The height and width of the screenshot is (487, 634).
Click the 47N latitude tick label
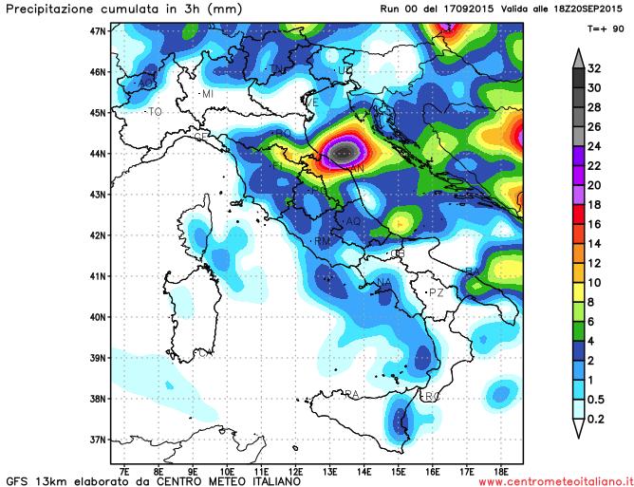click(x=96, y=30)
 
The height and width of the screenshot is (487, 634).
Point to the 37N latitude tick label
click(x=96, y=439)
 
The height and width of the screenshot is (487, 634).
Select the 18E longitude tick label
click(x=501, y=469)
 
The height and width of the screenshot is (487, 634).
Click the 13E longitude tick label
click(x=330, y=469)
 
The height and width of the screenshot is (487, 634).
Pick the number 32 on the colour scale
click(x=595, y=68)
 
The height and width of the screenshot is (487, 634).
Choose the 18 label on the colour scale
click(x=595, y=205)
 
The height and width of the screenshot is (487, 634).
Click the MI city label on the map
click(x=207, y=94)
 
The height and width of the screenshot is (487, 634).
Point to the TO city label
click(x=154, y=112)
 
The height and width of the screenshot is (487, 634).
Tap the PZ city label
click(x=437, y=292)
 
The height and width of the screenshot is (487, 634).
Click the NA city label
click(x=384, y=283)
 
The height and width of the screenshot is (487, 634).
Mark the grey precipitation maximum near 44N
click(x=345, y=151)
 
